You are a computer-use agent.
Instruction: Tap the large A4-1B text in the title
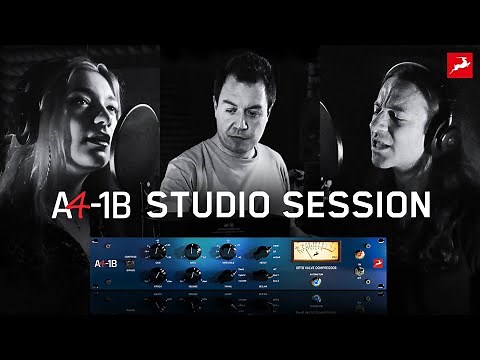pyautogui.click(x=93, y=205)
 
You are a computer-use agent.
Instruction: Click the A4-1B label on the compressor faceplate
pyautogui.click(x=104, y=262)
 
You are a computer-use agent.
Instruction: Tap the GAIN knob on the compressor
pyautogui.click(x=157, y=251)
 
